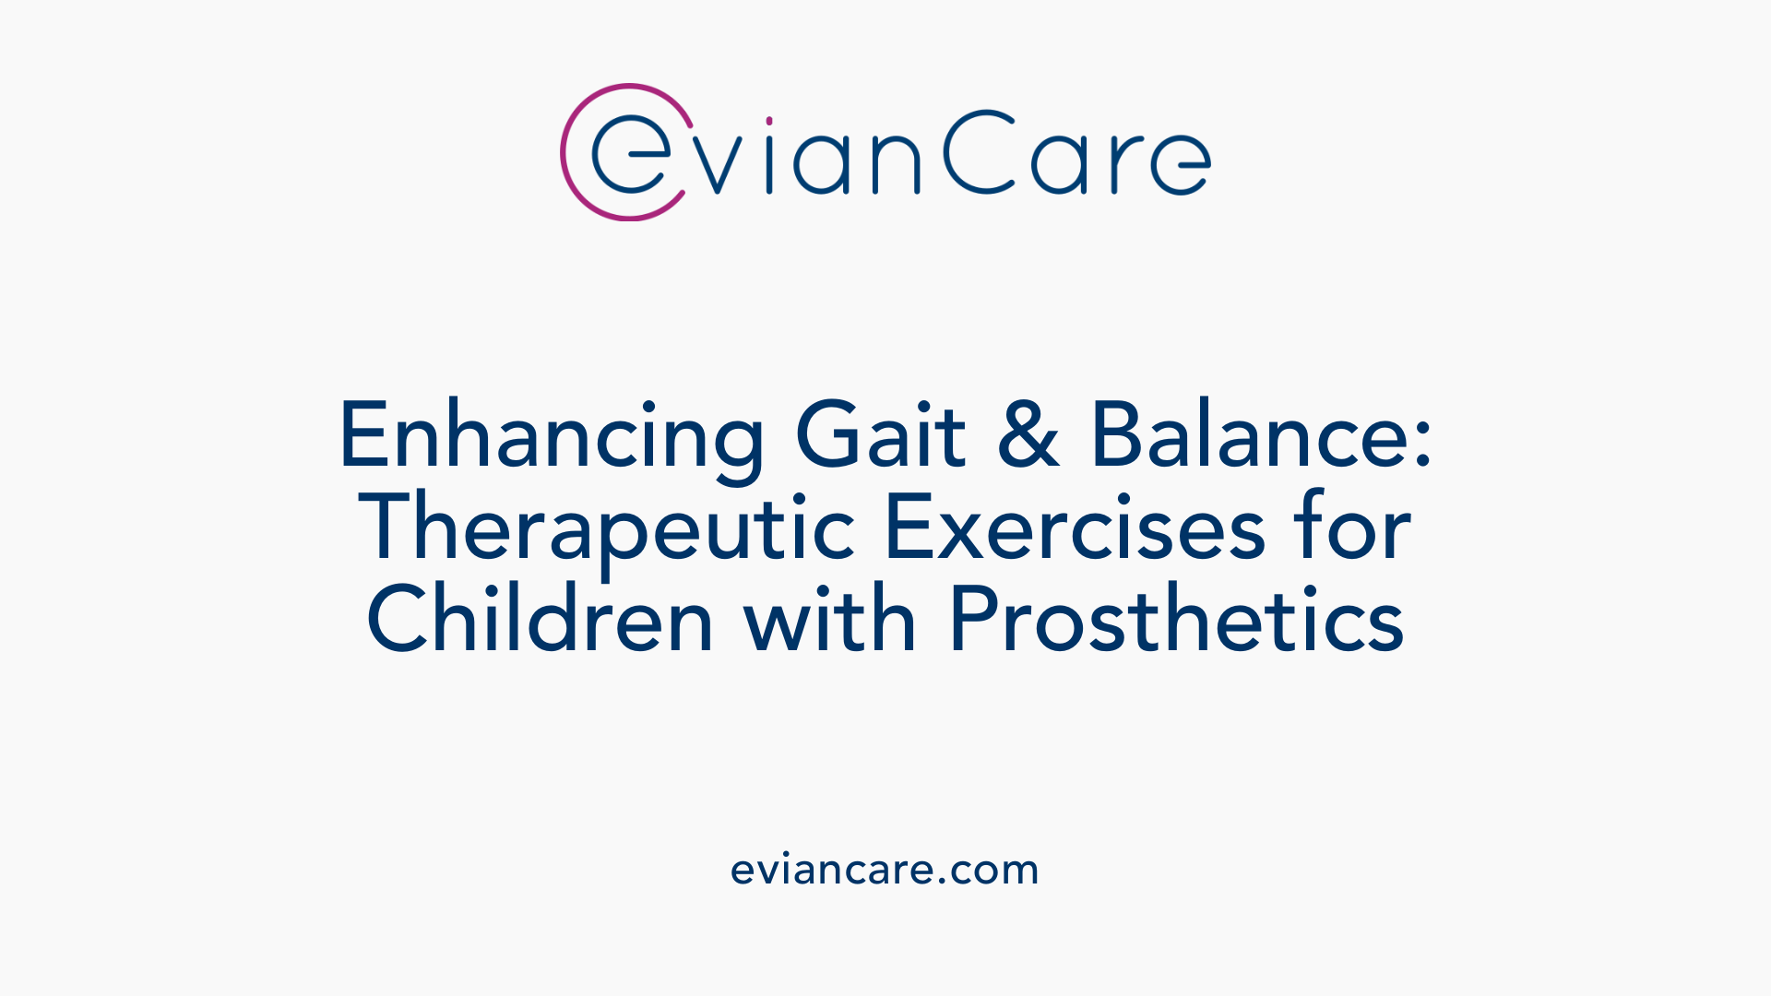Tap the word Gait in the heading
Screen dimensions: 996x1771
(x=880, y=436)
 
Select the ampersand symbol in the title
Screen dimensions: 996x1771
(x=1028, y=436)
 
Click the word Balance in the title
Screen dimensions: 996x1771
(x=1250, y=436)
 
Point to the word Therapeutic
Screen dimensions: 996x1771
(x=607, y=529)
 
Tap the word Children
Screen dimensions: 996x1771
(x=541, y=620)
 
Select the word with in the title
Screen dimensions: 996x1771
(x=829, y=620)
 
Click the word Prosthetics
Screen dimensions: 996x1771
(x=1176, y=620)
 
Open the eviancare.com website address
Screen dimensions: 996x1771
(x=885, y=870)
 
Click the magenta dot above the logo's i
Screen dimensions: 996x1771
(x=769, y=121)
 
